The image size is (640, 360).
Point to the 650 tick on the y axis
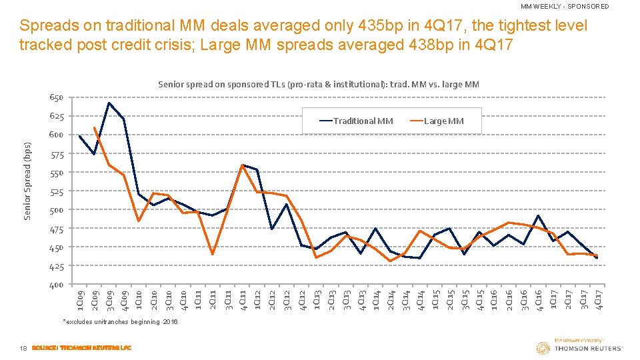pos(56,98)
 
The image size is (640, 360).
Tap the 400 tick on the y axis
pos(56,285)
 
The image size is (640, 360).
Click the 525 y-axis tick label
pos(56,192)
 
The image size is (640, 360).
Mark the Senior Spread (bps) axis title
pos(27,180)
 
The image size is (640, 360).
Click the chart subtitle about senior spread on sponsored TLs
pos(319,84)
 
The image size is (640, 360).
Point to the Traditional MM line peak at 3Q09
pos(109,103)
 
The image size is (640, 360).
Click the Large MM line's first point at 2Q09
pos(95,127)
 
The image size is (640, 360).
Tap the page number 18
pos(23,347)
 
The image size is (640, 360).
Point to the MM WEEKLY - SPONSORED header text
pos(564,6)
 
